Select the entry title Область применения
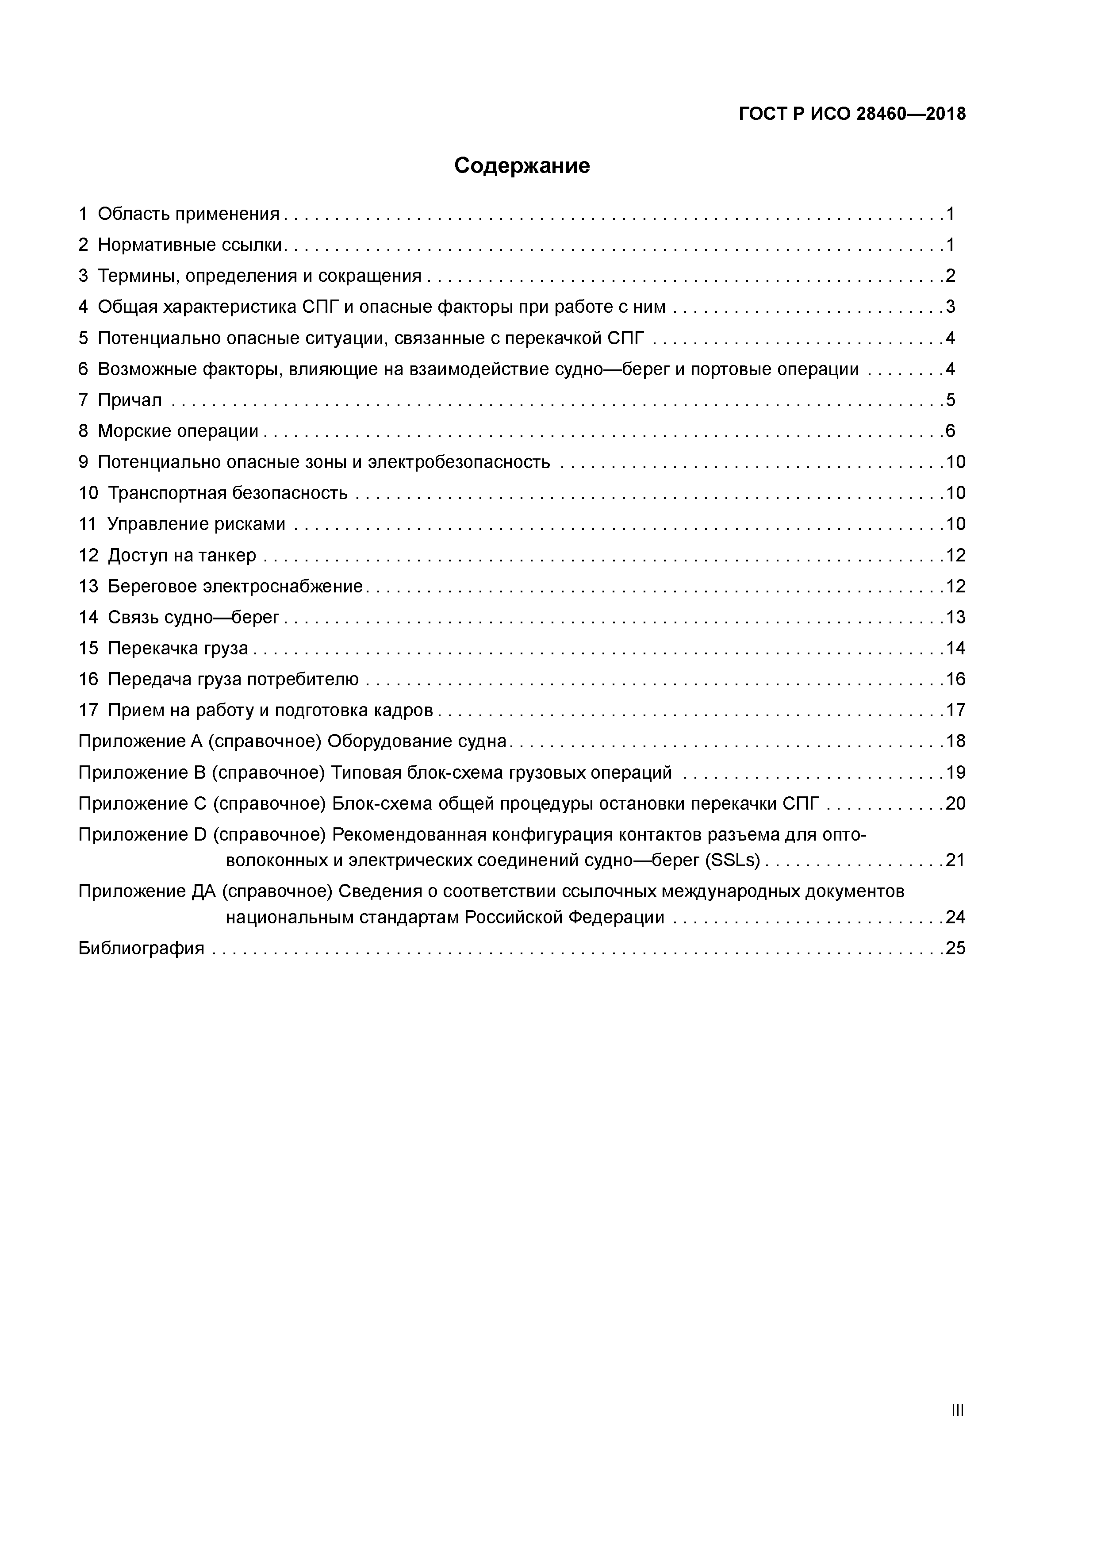pyautogui.click(x=188, y=214)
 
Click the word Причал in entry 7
pyautogui.click(x=130, y=400)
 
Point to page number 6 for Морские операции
pyautogui.click(x=950, y=431)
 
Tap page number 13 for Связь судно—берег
pyautogui.click(x=955, y=618)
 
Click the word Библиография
pyautogui.click(x=141, y=949)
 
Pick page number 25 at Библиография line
pyautogui.click(x=955, y=949)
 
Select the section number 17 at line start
pyautogui.click(x=88, y=711)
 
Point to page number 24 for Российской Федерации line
pyautogui.click(x=955, y=917)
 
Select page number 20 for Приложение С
pyautogui.click(x=955, y=804)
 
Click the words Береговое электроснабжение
pyautogui.click(x=235, y=587)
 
